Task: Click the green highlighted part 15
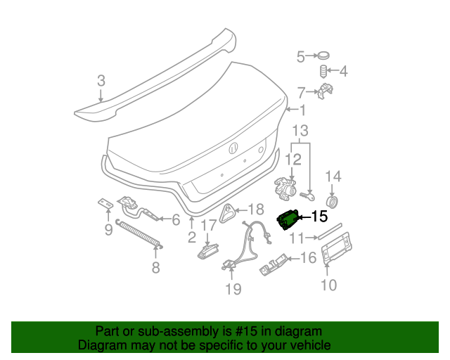click(288, 220)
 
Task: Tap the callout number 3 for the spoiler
click(101, 82)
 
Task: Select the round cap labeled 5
click(323, 56)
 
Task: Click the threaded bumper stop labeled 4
click(324, 72)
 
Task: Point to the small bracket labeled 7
click(326, 91)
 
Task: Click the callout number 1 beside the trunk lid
click(302, 110)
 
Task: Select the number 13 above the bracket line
click(300, 131)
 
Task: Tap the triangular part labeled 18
click(227, 212)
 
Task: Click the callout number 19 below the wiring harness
click(233, 289)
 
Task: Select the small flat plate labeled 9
click(105, 204)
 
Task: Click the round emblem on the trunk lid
click(233, 148)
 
